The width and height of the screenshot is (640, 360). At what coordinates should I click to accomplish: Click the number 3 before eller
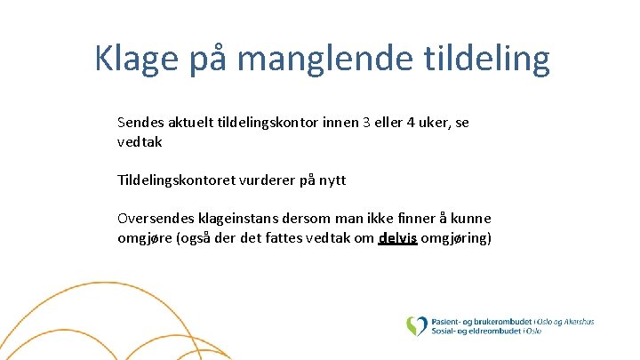[366, 123]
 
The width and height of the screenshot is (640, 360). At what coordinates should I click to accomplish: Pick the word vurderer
[267, 180]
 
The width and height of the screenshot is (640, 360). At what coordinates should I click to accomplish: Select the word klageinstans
[238, 219]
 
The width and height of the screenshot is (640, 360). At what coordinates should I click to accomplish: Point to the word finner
[418, 219]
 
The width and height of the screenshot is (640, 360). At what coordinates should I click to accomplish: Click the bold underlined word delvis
[397, 238]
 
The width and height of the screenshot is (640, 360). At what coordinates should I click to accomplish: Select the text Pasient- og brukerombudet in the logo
[480, 321]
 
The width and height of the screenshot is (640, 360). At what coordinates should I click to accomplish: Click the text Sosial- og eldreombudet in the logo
[476, 332]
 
